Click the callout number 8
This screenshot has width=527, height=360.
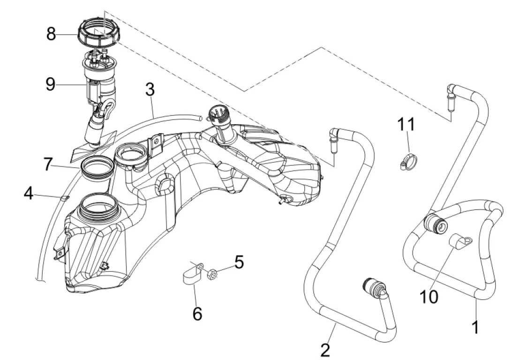[x=51, y=34]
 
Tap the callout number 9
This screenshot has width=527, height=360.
[x=51, y=84]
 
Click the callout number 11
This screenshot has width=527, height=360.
[x=407, y=125]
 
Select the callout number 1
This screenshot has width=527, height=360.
[x=475, y=327]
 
